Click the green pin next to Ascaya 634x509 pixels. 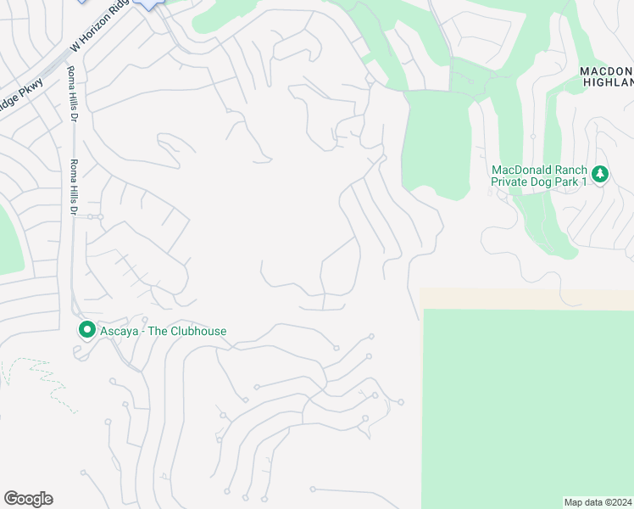click(86, 330)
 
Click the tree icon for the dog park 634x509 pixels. click(600, 174)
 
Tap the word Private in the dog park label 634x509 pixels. click(512, 181)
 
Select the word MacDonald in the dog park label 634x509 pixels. click(520, 168)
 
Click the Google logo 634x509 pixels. click(28, 499)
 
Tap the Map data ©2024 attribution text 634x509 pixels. click(598, 501)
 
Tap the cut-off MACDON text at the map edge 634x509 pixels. click(607, 70)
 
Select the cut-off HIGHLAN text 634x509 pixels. click(609, 81)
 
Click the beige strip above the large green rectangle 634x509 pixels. click(526, 299)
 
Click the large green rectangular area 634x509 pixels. click(526, 407)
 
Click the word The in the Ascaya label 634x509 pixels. click(159, 331)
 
